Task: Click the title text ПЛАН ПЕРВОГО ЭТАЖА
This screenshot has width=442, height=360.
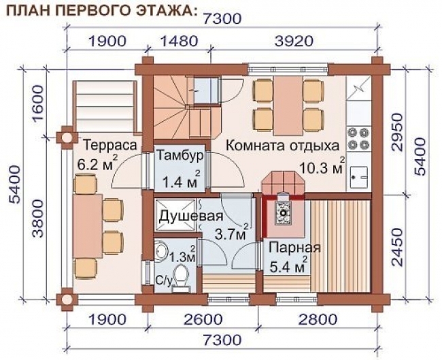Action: [102, 10]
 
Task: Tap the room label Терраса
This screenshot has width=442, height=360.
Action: [109, 146]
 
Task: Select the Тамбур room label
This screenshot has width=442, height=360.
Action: [180, 155]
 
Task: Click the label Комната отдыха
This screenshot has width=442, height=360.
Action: [282, 146]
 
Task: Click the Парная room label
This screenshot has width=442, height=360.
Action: [294, 246]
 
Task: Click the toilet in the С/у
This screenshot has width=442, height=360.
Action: [180, 276]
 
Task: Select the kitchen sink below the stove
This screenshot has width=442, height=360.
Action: [358, 176]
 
